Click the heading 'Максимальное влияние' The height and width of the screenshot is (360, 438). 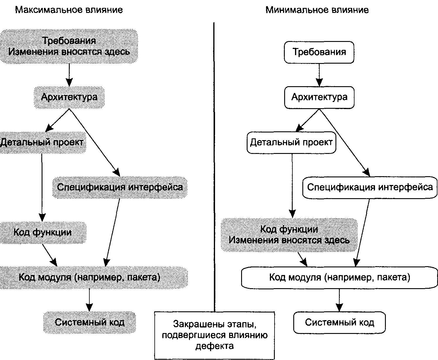(x=69, y=10)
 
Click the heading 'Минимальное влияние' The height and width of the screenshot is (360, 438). (x=317, y=10)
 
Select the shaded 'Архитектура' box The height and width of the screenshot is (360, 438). (x=69, y=97)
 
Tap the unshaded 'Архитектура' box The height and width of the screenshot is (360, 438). (x=319, y=97)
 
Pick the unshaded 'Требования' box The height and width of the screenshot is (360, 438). (x=319, y=52)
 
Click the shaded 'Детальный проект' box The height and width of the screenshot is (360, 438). (x=42, y=142)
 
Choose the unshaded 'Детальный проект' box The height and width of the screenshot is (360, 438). (x=292, y=142)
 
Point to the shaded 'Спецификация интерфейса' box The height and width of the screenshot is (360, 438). (x=120, y=187)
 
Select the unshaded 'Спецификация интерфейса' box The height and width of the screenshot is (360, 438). (x=370, y=188)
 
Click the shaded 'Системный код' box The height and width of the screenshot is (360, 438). (x=90, y=322)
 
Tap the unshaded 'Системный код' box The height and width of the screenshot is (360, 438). (x=339, y=322)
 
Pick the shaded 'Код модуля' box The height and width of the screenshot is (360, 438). (x=94, y=278)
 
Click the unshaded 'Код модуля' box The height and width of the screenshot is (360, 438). (x=340, y=278)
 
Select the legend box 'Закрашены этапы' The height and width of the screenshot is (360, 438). (x=214, y=335)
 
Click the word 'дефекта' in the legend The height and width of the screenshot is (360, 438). (x=214, y=346)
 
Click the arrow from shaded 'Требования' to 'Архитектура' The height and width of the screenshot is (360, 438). (x=69, y=75)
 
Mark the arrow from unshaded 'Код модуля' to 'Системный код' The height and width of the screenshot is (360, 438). (x=339, y=300)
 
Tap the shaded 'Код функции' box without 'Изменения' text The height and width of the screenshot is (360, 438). (x=43, y=232)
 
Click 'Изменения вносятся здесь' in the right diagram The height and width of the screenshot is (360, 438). (x=289, y=240)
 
